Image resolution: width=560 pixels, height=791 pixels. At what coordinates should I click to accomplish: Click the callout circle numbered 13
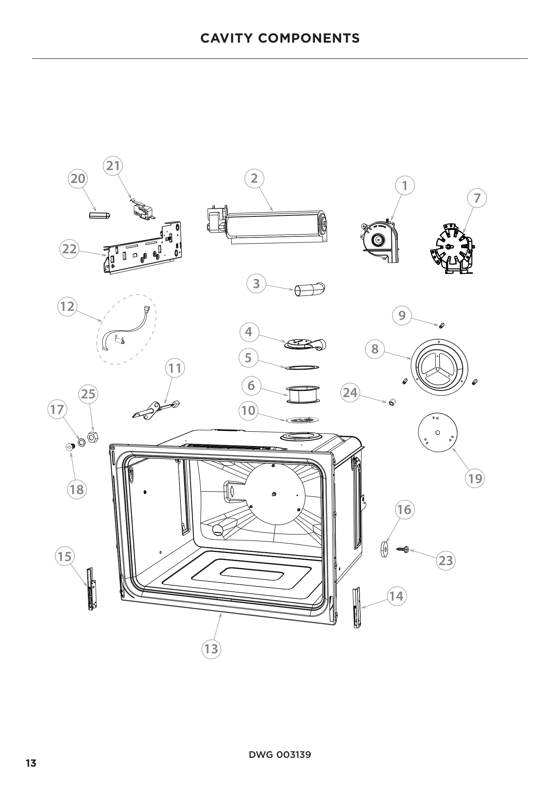(211, 649)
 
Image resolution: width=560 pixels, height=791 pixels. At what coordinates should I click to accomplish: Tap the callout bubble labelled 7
(477, 199)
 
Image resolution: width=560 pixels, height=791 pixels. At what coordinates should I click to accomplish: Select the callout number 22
(69, 249)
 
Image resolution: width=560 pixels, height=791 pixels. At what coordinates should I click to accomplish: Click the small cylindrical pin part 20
(99, 215)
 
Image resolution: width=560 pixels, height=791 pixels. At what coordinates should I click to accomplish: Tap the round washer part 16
(384, 549)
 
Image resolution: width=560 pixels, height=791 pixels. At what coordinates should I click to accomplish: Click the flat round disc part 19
(437, 433)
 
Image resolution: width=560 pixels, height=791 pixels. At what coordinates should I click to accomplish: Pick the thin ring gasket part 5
(302, 368)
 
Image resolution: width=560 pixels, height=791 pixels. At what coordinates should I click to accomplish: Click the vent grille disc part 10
(302, 420)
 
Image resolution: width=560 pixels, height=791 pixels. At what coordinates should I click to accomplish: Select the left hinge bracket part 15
(91, 589)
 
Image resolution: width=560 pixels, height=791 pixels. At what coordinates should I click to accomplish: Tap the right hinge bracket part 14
(357, 608)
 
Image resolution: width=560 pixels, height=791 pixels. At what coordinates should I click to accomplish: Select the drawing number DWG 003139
(280, 752)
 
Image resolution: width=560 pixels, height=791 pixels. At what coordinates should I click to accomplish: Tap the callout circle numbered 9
(402, 316)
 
